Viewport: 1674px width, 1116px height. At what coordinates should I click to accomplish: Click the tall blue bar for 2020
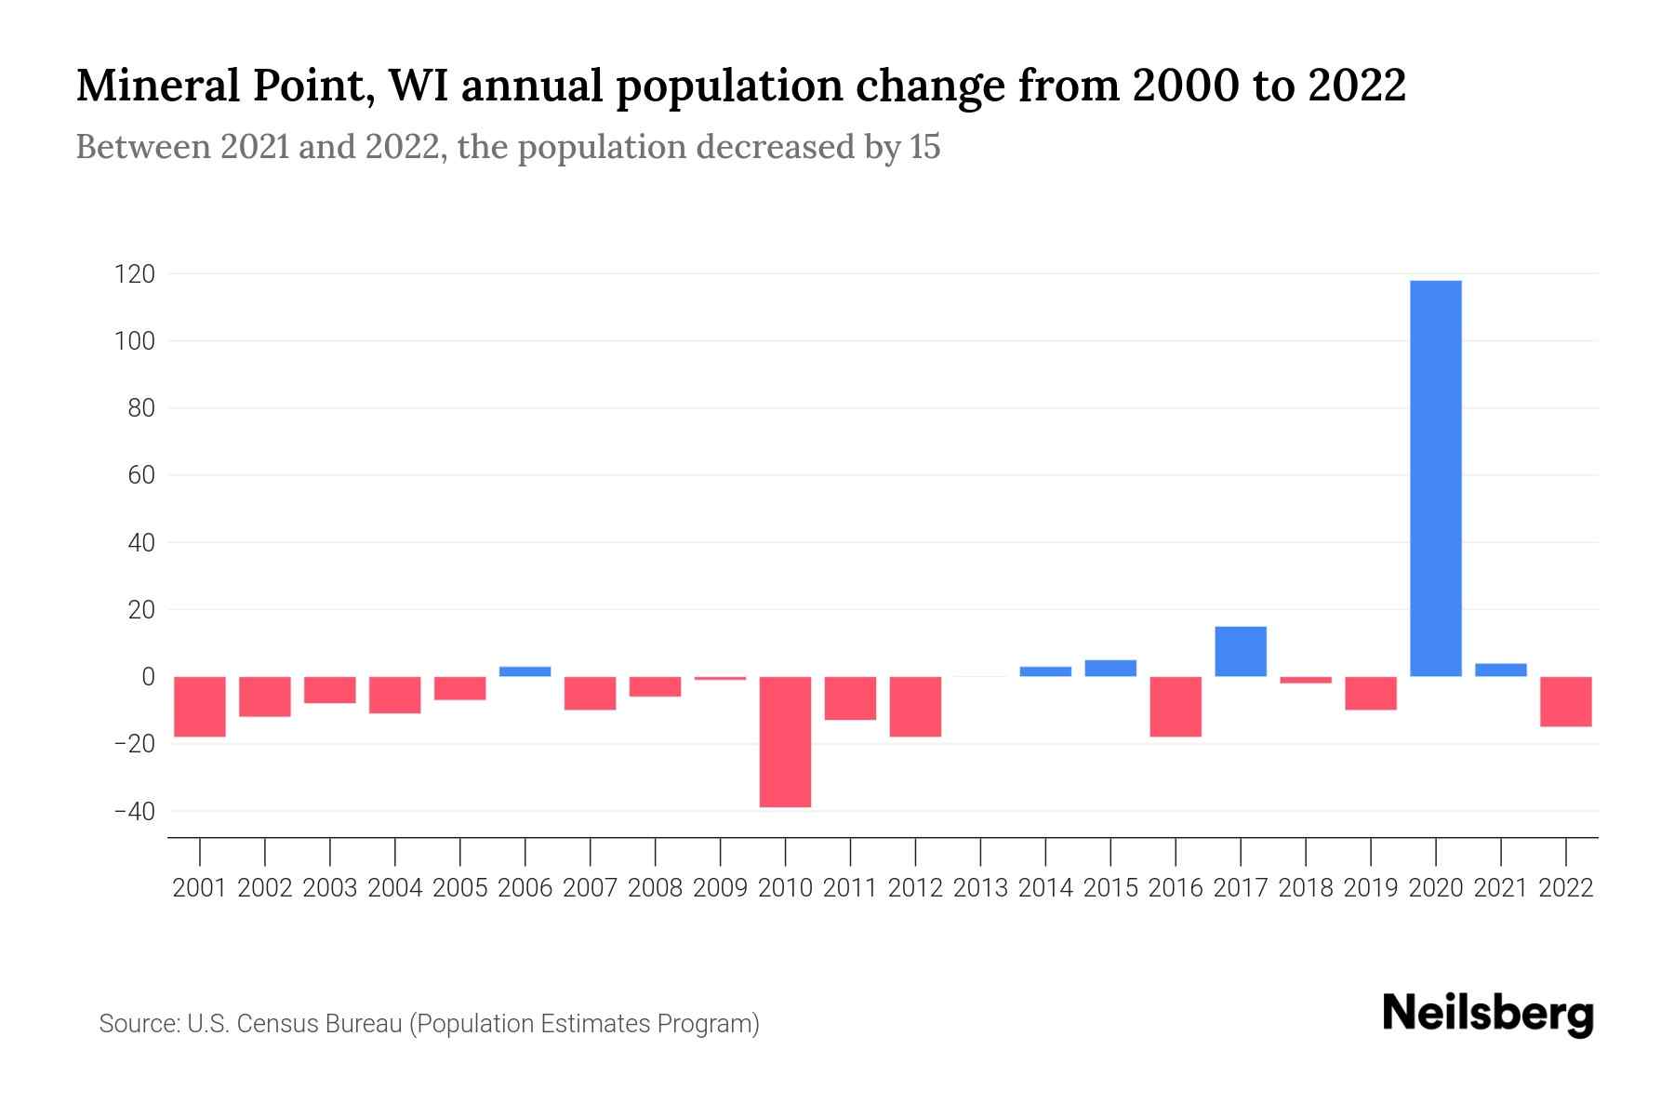1435,478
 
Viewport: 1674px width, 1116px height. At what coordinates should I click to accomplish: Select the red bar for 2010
785,741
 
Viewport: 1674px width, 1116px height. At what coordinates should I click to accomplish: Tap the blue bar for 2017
1240,651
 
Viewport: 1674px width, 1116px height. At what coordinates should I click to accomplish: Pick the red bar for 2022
1565,701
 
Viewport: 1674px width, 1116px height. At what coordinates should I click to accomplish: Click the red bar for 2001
200,706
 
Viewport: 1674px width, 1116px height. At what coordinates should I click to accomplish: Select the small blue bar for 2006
525,671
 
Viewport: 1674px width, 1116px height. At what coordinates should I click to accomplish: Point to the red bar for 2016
1176,706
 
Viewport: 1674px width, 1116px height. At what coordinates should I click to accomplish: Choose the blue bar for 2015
1110,668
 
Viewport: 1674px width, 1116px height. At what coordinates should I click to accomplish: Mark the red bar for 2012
915,706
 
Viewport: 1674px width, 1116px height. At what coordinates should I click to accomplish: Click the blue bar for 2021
1500,670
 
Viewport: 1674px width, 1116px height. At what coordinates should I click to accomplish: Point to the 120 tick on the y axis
135,274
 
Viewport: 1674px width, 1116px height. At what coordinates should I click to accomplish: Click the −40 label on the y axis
134,811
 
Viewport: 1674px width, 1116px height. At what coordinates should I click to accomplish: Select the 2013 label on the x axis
980,888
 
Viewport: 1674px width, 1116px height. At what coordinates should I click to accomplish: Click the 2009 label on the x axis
720,888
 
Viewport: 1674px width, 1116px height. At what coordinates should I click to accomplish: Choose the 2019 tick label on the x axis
1370,888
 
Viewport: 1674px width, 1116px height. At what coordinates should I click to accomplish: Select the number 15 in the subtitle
924,147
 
